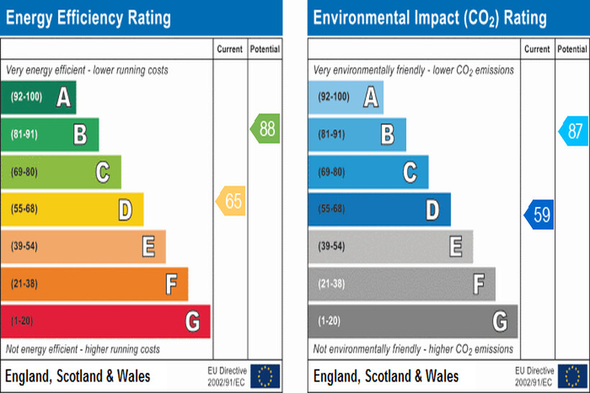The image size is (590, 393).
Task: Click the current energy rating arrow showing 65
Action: pos(231,202)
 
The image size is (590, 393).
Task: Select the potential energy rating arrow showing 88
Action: pos(265,129)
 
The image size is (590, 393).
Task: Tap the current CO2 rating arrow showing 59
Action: pos(539,214)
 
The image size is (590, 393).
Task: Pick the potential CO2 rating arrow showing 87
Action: pos(573,131)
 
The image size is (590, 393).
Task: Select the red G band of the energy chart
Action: pos(105,321)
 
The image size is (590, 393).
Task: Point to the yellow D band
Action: pos(72,209)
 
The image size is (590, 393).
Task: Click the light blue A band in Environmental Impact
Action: pos(345,97)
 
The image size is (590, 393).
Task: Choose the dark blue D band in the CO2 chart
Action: pos(379,209)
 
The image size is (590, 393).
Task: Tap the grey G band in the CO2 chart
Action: pos(412,321)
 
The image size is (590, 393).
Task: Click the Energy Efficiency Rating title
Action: pos(88,17)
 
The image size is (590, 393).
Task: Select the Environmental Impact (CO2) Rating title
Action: pos(430,17)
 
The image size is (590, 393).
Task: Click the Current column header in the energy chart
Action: pos(230,50)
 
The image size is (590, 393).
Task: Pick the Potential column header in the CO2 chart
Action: pos(572,50)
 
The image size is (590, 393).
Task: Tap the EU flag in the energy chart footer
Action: pos(265,376)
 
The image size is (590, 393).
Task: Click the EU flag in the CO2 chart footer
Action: pos(573,376)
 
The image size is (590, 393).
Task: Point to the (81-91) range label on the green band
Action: pos(24,134)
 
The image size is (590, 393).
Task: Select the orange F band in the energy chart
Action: pos(94,284)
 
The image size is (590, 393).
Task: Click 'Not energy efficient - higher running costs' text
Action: pos(83,350)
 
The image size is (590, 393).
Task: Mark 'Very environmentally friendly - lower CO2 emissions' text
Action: pos(413,70)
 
